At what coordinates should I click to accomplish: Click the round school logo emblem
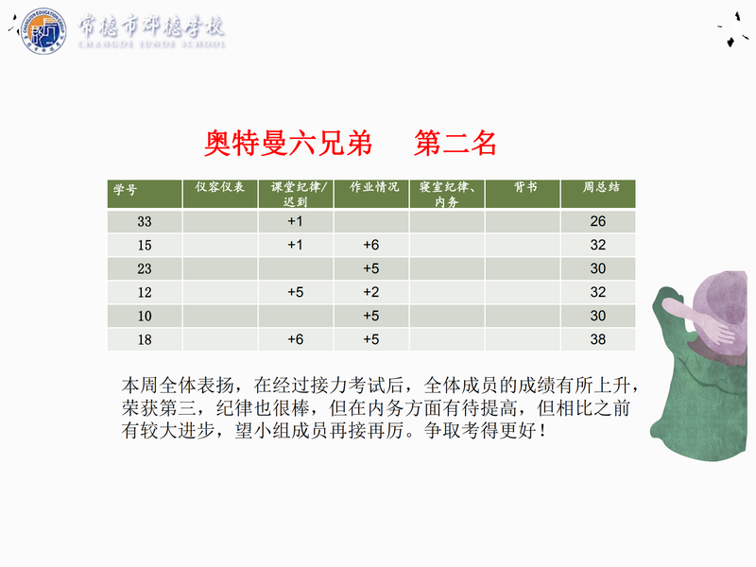tap(43, 31)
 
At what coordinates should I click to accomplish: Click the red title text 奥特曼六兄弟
tap(288, 144)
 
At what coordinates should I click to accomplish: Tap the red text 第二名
tap(455, 144)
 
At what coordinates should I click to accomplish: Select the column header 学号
tap(126, 189)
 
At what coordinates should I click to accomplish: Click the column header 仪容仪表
tap(220, 187)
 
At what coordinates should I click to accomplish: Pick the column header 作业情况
tap(374, 187)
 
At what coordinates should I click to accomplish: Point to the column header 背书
tap(525, 187)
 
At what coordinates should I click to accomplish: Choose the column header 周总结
tap(601, 187)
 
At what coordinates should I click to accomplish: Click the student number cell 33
tap(145, 222)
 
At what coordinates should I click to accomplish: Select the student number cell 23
tap(145, 268)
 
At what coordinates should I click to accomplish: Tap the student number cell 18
tap(145, 339)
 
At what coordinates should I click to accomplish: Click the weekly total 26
tap(598, 221)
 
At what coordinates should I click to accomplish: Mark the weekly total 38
tap(598, 339)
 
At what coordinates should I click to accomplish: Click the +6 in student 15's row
tap(370, 245)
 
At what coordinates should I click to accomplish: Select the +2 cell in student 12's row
tap(370, 292)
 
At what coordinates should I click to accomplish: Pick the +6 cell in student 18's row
tap(295, 339)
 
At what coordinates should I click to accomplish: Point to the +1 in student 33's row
tap(295, 221)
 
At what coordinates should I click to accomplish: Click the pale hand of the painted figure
tap(721, 332)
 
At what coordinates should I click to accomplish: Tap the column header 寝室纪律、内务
tap(446, 194)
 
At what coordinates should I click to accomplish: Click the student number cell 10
tap(145, 316)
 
